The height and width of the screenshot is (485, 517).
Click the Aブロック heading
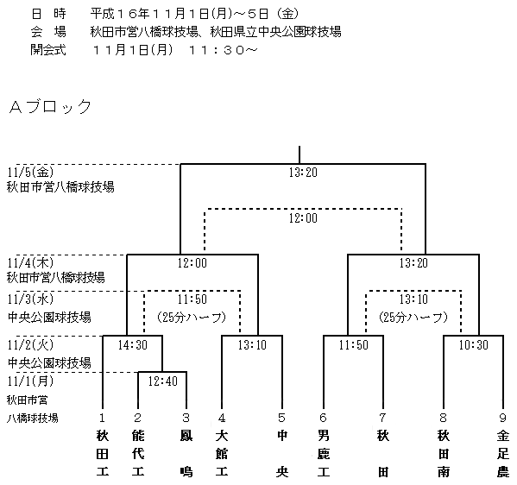tap(50, 106)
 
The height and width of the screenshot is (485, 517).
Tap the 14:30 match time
tap(133, 345)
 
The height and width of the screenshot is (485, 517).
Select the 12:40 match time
tap(162, 381)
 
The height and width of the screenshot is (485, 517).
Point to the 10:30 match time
tap(474, 345)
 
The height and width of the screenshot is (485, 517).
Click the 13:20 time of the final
tap(303, 173)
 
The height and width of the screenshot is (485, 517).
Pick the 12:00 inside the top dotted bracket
tap(303, 218)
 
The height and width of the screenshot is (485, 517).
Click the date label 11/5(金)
tap(30, 172)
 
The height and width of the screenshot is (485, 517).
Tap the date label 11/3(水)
tap(30, 299)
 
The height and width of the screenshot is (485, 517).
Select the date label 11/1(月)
tap(30, 381)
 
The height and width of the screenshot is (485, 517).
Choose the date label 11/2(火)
tap(30, 345)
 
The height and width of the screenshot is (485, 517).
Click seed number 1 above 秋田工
tap(102, 418)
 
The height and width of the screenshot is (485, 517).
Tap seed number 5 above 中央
tap(281, 418)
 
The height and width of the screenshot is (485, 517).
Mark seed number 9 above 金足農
tap(503, 418)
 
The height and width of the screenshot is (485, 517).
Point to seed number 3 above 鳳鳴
tap(186, 418)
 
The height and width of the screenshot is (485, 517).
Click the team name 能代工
tap(138, 454)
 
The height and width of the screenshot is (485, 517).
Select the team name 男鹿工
tap(324, 454)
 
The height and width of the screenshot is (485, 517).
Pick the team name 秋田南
tap(444, 454)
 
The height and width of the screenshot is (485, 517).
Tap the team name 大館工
tap(222, 454)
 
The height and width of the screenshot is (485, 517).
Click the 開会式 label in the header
tap(48, 50)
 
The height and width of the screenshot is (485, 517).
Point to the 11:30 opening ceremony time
tap(223, 50)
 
